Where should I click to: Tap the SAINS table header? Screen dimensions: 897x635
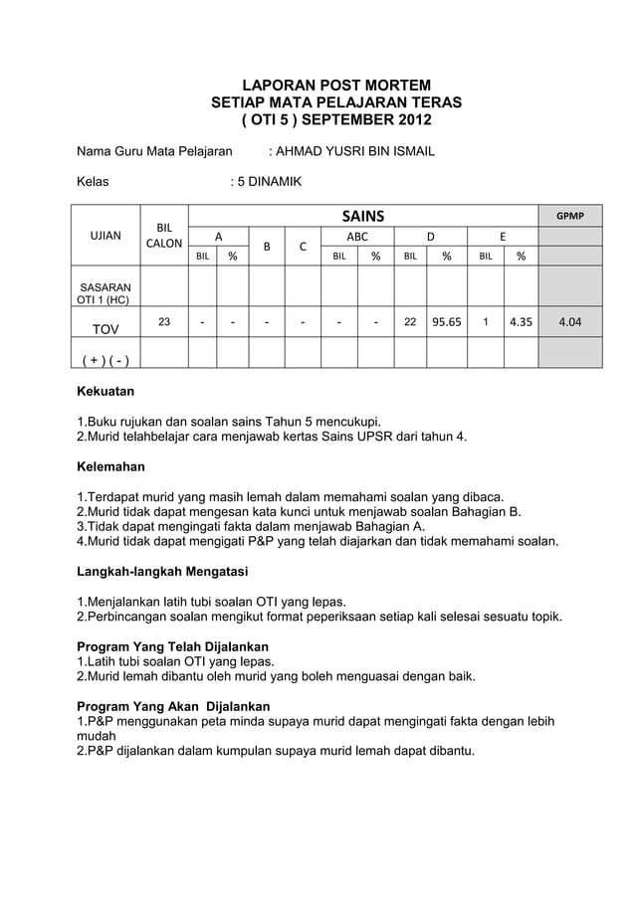click(363, 217)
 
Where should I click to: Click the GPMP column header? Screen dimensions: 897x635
click(569, 216)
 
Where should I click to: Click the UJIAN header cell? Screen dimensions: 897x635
click(106, 237)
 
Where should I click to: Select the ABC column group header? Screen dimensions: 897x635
click(356, 237)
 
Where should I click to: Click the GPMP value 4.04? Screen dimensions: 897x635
click(569, 322)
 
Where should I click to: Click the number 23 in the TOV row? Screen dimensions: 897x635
click(164, 321)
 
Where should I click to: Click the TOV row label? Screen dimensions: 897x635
click(106, 328)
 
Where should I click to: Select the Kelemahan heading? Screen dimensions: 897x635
click(110, 465)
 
